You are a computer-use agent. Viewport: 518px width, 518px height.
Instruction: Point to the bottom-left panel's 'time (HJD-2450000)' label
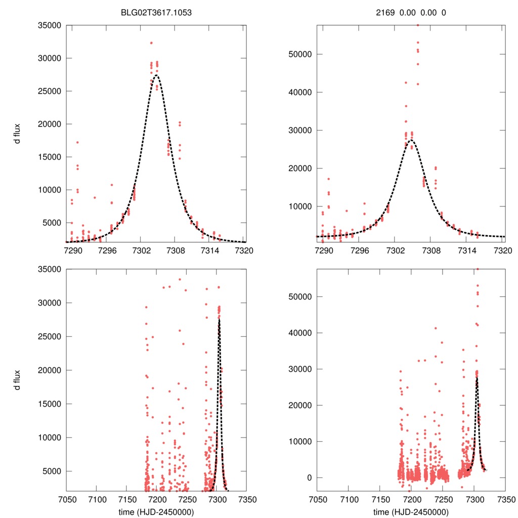(x=156, y=511)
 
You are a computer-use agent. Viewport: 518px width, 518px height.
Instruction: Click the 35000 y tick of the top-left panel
(x=49, y=25)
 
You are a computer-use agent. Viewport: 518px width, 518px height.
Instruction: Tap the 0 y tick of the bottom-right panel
(x=307, y=478)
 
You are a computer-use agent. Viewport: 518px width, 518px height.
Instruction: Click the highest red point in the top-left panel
(x=151, y=43)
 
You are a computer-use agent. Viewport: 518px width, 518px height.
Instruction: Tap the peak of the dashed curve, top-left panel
(x=156, y=75)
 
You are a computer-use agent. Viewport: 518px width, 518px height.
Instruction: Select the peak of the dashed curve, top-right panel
(x=411, y=140)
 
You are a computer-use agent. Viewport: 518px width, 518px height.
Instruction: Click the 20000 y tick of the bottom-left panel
(x=49, y=370)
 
